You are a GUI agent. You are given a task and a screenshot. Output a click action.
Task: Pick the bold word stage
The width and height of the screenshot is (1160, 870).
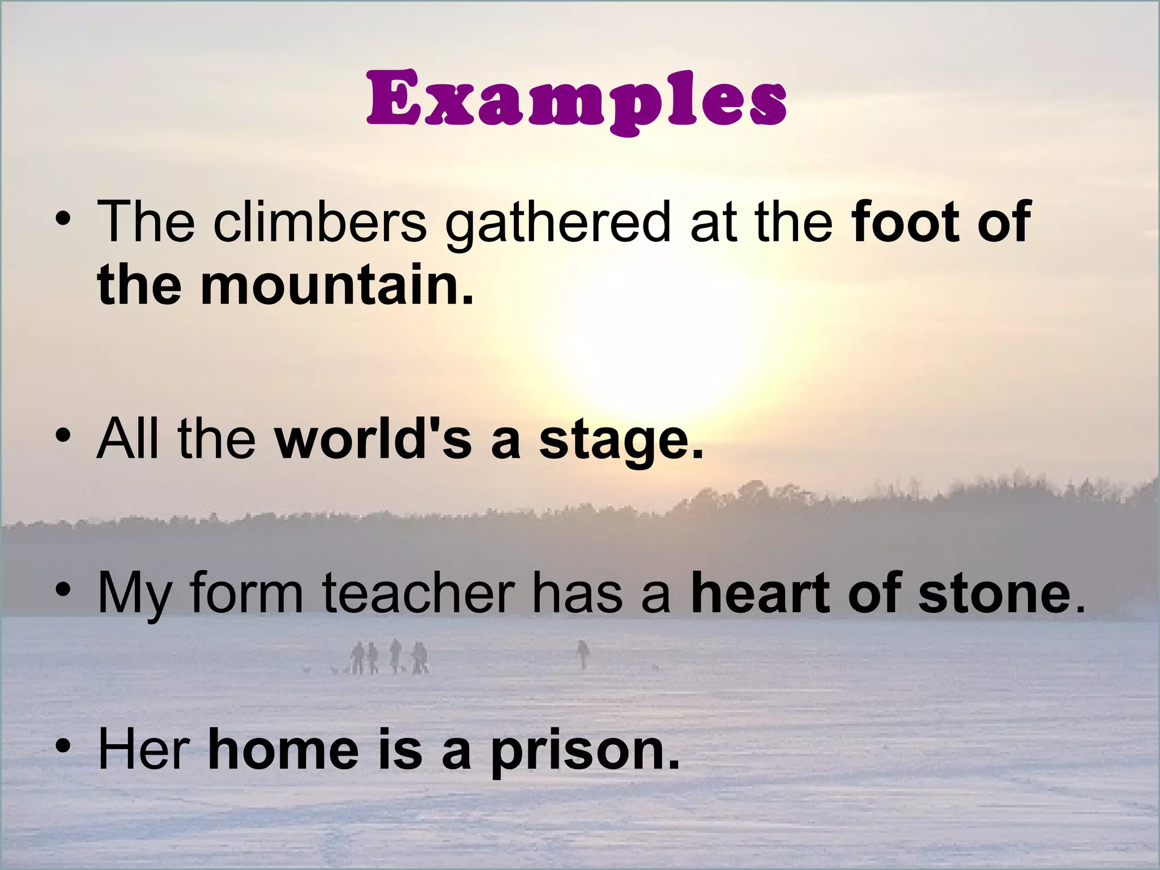coord(621,442)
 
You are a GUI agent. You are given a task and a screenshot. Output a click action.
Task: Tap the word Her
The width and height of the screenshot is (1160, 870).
coord(143,749)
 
